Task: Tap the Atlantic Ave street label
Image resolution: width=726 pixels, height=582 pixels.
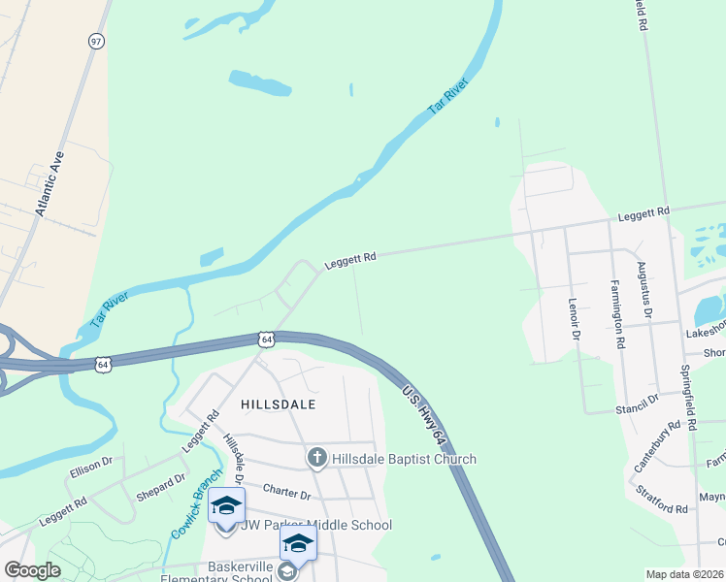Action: [x=49, y=182]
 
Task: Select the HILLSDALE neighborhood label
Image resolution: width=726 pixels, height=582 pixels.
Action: [x=278, y=403]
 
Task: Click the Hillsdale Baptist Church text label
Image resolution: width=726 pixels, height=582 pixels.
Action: [x=404, y=459]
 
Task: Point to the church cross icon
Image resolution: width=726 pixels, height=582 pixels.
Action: [x=316, y=458]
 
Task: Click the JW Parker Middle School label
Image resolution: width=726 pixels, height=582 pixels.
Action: [x=316, y=526]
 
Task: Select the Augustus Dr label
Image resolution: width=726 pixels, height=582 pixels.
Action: [x=643, y=290]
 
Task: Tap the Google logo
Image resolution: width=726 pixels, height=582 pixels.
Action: [x=32, y=570]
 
